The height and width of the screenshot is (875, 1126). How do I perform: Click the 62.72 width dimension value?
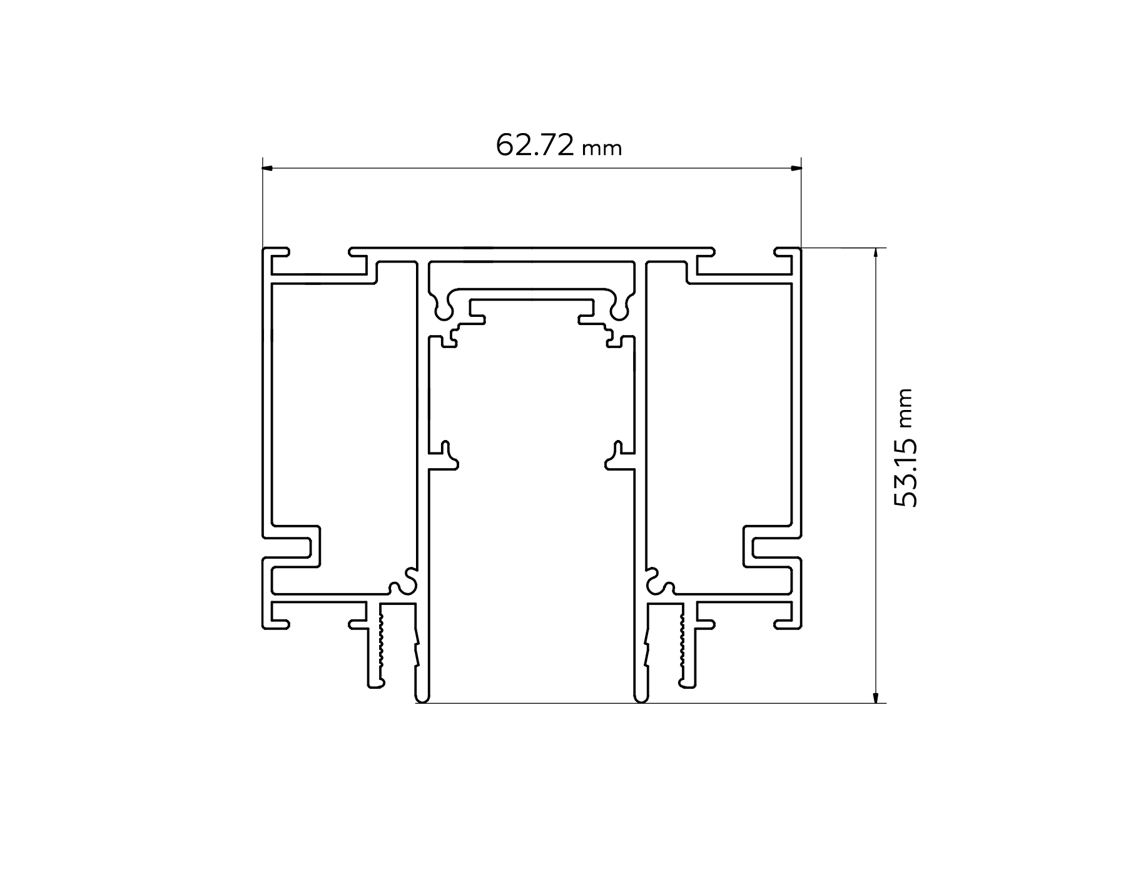click(x=535, y=146)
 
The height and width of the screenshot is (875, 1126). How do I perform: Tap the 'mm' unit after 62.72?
click(x=602, y=149)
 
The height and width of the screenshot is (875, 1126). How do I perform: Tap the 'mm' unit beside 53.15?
click(x=906, y=408)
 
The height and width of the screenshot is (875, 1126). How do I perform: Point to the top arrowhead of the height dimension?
click(x=875, y=254)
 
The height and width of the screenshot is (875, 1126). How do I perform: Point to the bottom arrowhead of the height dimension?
click(x=875, y=697)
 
